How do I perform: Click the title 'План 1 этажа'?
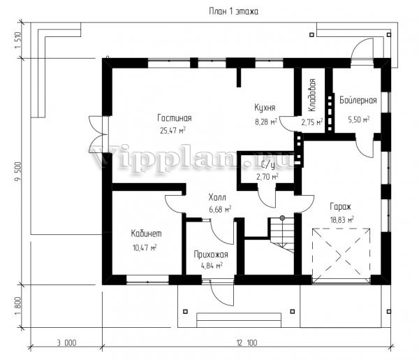233,11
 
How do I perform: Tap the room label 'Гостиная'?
175,118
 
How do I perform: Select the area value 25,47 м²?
172,130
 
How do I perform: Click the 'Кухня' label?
265,108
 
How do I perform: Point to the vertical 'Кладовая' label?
312,95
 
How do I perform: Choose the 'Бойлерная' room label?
358,100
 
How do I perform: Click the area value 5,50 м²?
359,120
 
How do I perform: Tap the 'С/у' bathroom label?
268,166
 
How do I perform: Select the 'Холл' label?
217,198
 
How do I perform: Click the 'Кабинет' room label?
146,233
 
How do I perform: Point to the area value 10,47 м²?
145,247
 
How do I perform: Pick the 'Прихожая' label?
211,254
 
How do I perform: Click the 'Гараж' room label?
341,206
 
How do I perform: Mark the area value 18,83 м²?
342,220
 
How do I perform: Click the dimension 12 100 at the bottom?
247,343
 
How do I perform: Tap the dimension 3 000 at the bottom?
66,343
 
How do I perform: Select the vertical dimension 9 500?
18,171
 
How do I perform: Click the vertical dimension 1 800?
18,306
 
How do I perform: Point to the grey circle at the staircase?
282,218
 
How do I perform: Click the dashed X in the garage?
341,256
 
